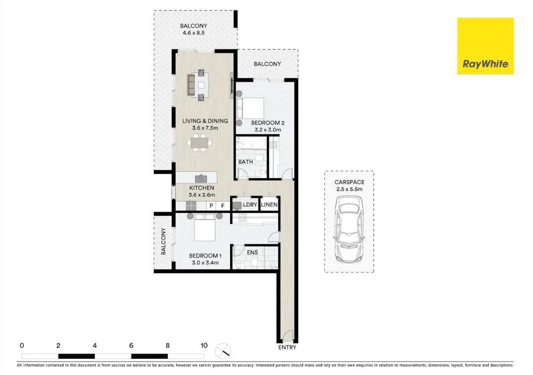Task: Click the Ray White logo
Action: [x=485, y=46]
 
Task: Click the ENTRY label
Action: [x=287, y=347]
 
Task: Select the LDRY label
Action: [x=250, y=205]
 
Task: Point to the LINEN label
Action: [x=269, y=205]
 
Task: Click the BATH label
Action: [x=245, y=162]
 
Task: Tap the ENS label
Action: [x=253, y=253]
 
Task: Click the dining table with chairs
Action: [x=200, y=143]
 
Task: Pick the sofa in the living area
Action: [x=191, y=85]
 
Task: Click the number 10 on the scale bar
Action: [x=204, y=345]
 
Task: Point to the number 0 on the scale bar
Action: [x=22, y=345]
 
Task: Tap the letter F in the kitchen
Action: [x=223, y=205]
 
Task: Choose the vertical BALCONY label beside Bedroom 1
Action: [x=162, y=241]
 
